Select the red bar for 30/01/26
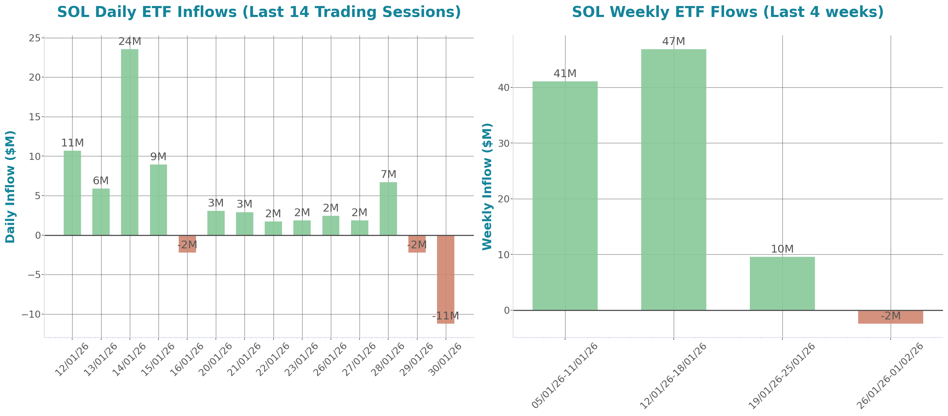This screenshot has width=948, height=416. pos(445,279)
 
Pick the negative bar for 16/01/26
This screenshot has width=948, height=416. pos(187,244)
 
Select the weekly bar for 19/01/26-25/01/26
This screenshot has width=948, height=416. pos(782,283)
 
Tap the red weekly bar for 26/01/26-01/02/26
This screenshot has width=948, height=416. pos(890,317)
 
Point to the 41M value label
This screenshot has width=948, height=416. pos(565,74)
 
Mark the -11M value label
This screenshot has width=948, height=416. pos(445,316)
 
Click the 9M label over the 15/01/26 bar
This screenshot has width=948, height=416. pos(158,157)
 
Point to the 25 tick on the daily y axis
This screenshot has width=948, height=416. pos(35,38)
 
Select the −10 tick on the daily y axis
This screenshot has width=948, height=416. pos(31,314)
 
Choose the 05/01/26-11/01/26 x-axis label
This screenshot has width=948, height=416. pos(565,375)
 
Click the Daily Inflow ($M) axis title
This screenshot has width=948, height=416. pos(10,187)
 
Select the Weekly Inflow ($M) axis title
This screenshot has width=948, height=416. pos(487,187)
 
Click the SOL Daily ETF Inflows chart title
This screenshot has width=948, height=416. pos(259,12)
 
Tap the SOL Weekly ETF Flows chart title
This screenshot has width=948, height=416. pos(728,12)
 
